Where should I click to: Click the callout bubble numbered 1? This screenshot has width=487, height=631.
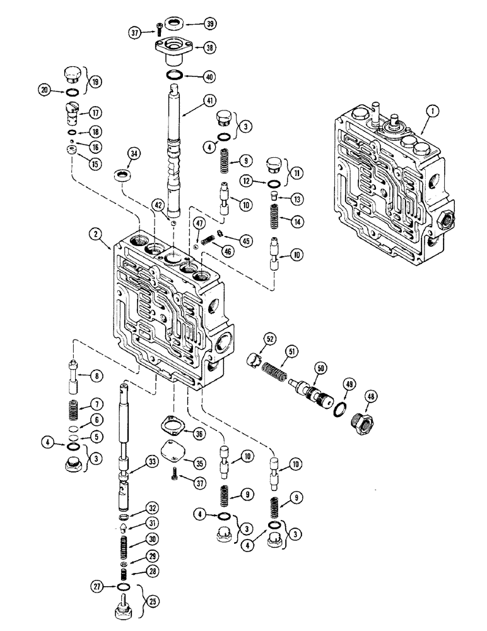coord(433,112)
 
